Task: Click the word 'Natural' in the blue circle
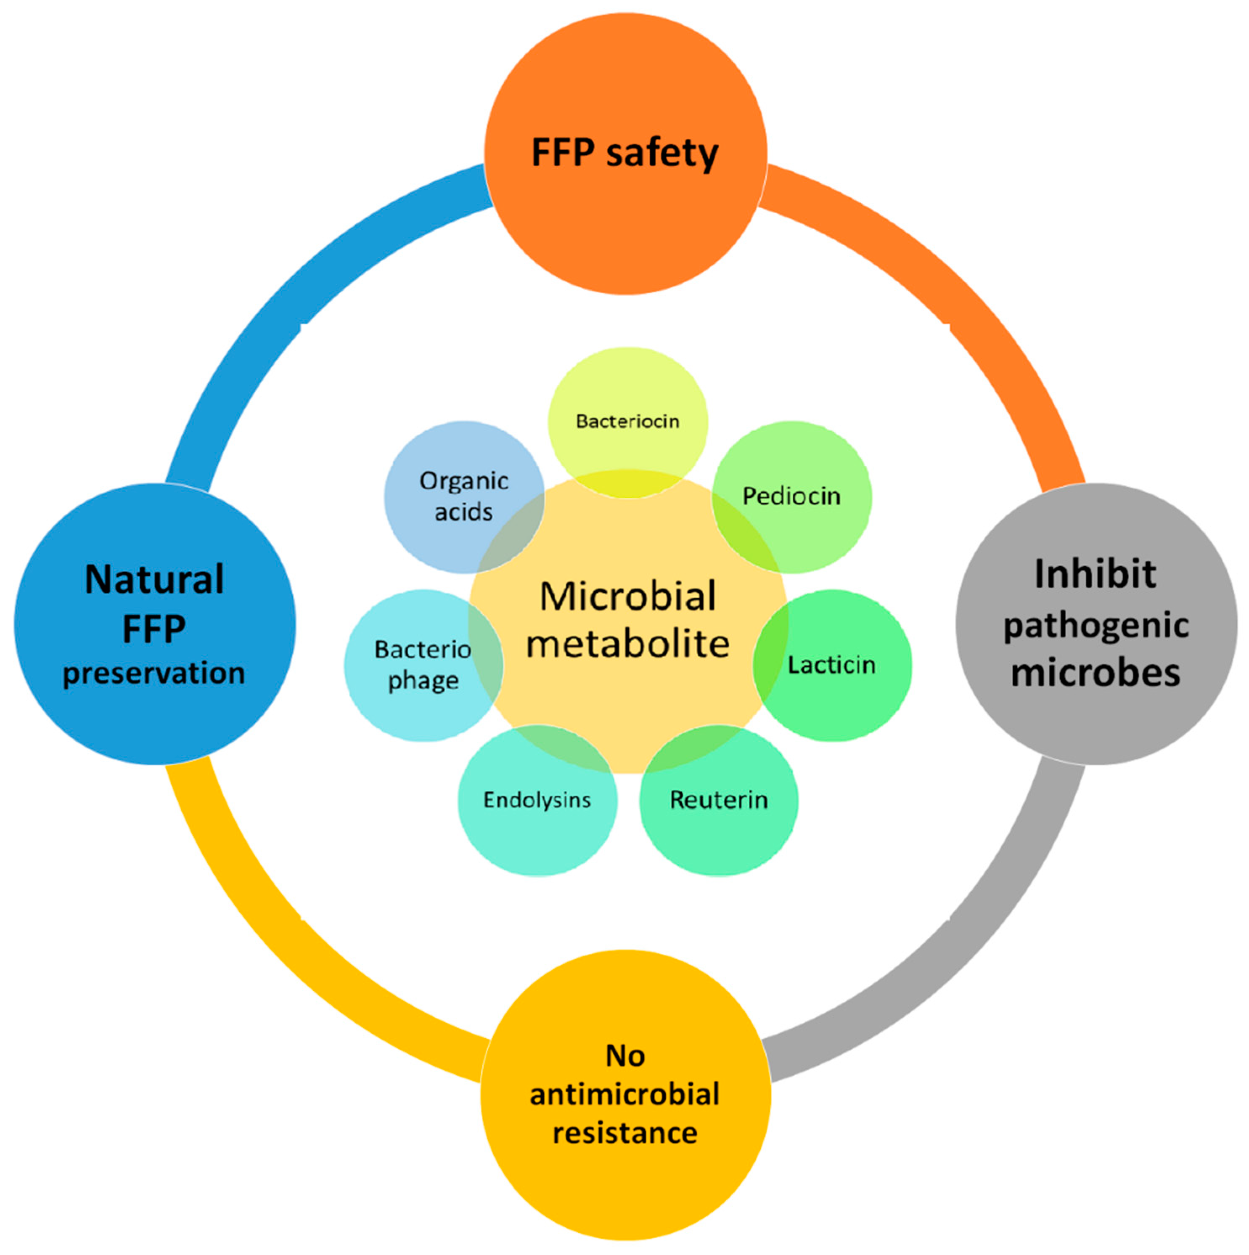[154, 579]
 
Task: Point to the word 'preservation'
[154, 674]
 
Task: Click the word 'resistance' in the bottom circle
[624, 1133]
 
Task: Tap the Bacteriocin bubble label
[628, 422]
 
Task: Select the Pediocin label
[791, 496]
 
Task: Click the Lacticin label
[831, 665]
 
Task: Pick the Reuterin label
[719, 800]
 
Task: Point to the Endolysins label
[537, 800]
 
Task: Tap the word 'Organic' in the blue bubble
[463, 481]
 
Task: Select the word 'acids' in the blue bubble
[463, 512]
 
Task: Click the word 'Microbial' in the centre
[628, 596]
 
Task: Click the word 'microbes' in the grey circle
[1096, 674]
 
